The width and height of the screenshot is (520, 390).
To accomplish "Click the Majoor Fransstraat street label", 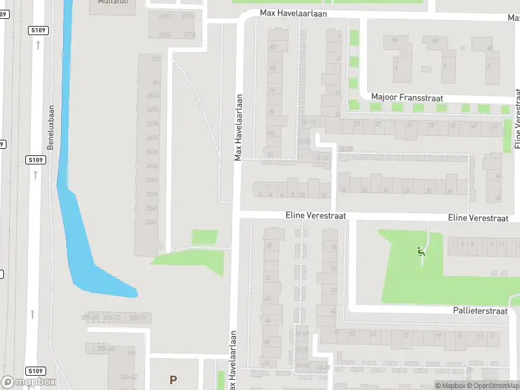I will point(397,96).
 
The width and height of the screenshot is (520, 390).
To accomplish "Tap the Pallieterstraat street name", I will point(480,311).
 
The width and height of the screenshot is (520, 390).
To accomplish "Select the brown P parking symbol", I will point(173,380).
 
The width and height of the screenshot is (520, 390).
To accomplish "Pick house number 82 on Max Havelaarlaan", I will point(272,47).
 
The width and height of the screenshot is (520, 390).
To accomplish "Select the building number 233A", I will point(151,222).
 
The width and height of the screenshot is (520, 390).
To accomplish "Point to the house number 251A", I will point(153,96).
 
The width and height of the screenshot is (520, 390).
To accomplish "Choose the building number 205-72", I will point(111,318).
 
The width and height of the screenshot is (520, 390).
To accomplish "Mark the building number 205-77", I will point(138,318).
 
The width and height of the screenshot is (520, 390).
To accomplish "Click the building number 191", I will point(131,353).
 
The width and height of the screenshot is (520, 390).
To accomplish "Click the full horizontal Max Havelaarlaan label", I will point(293,13).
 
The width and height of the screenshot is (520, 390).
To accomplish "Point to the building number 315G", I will point(164,34).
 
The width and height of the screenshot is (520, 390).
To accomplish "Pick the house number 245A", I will point(153,137).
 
